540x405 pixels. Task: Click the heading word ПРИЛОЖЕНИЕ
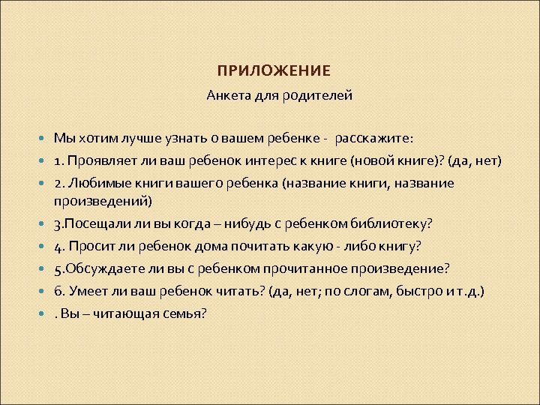coord(274,71)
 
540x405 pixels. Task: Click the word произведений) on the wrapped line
coord(103,200)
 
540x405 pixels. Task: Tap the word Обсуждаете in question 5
coord(101,268)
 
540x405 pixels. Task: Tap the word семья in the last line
coord(184,313)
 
